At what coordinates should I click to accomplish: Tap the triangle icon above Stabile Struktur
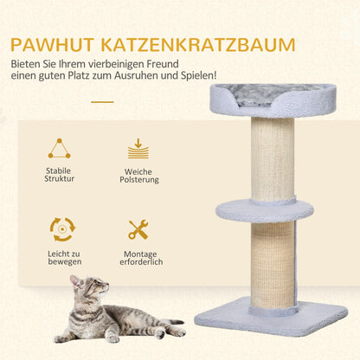(60, 148)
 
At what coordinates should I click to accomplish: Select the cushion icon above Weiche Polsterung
(138, 148)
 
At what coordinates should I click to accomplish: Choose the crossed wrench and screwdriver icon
(138, 229)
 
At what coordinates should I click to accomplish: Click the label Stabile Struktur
(60, 174)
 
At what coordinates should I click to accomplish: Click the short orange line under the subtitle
(102, 101)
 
